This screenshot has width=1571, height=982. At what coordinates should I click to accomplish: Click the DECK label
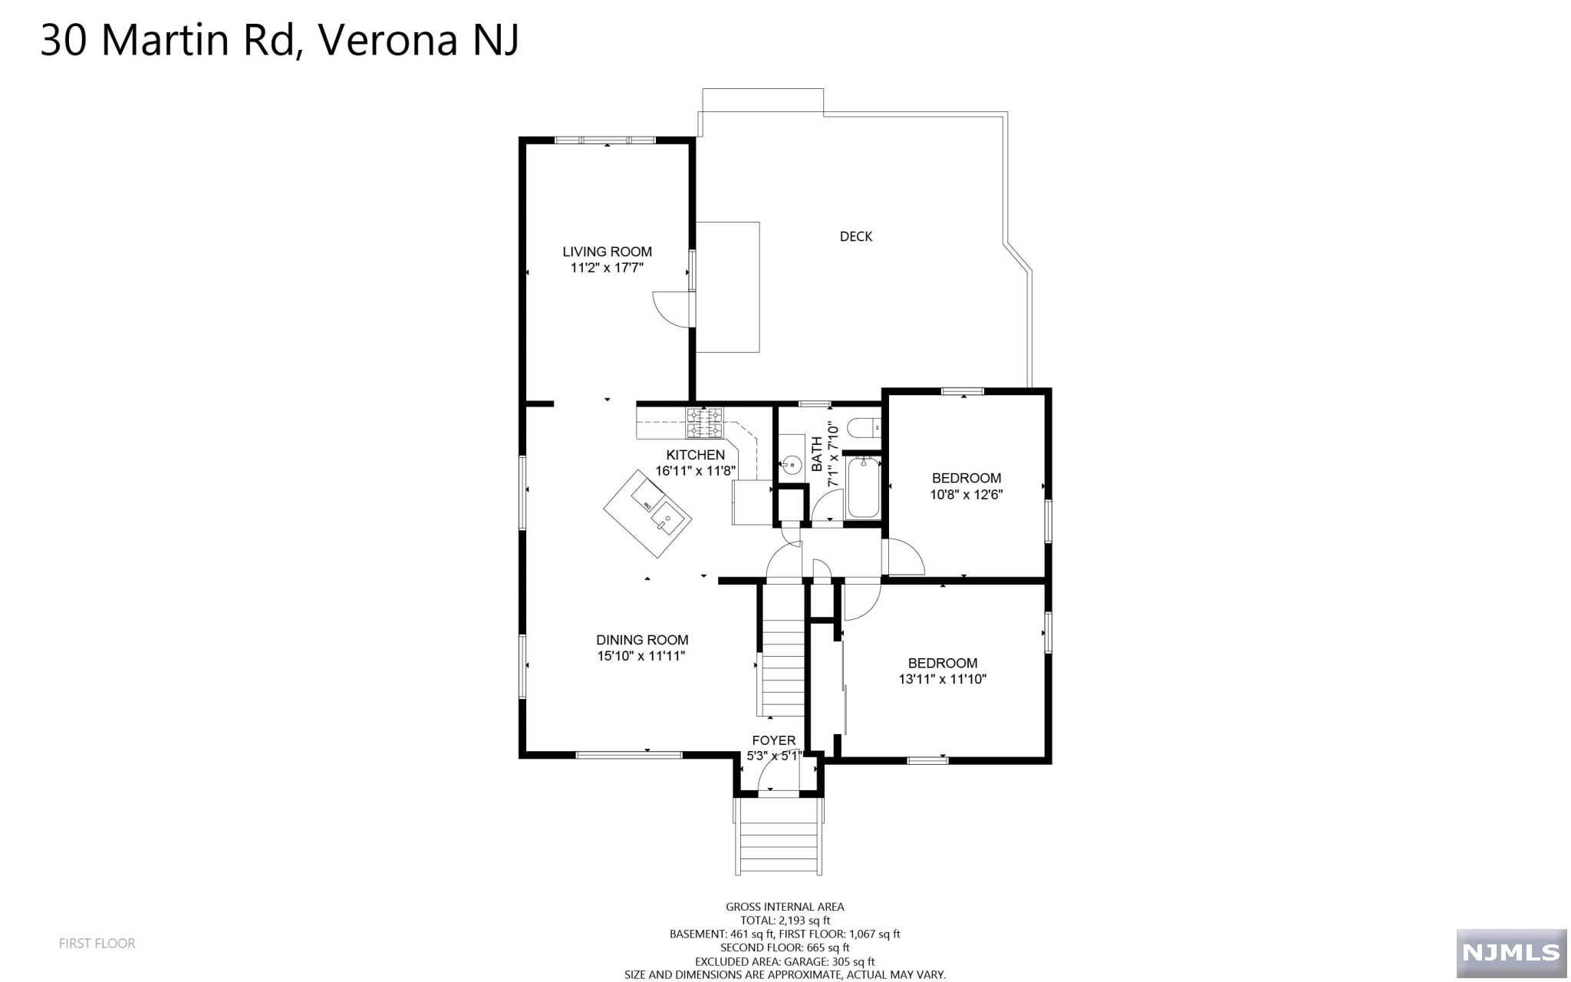(855, 236)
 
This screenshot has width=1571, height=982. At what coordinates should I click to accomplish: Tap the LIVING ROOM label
(607, 252)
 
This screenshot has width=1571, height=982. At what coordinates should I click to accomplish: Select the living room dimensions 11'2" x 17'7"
(606, 268)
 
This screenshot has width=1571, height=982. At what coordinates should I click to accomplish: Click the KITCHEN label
(695, 455)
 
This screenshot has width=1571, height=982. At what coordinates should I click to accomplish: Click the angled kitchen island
(647, 514)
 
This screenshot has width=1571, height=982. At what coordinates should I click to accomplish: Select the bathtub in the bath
(863, 487)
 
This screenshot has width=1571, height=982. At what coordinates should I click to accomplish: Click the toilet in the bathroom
(865, 427)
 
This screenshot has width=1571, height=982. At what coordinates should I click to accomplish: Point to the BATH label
(816, 454)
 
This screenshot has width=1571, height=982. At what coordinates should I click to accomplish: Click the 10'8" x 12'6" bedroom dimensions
(966, 495)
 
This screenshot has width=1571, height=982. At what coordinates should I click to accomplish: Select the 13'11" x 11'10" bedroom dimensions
(942, 679)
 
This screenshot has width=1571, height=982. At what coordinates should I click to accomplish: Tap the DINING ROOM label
(642, 640)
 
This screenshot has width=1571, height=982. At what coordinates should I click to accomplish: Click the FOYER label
(773, 740)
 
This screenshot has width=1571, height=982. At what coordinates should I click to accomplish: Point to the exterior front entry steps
(779, 836)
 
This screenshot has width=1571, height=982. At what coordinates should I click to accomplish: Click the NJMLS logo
(1511, 953)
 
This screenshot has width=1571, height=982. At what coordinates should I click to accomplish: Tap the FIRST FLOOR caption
(97, 944)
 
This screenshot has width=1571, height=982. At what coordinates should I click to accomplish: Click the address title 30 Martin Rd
(167, 40)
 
